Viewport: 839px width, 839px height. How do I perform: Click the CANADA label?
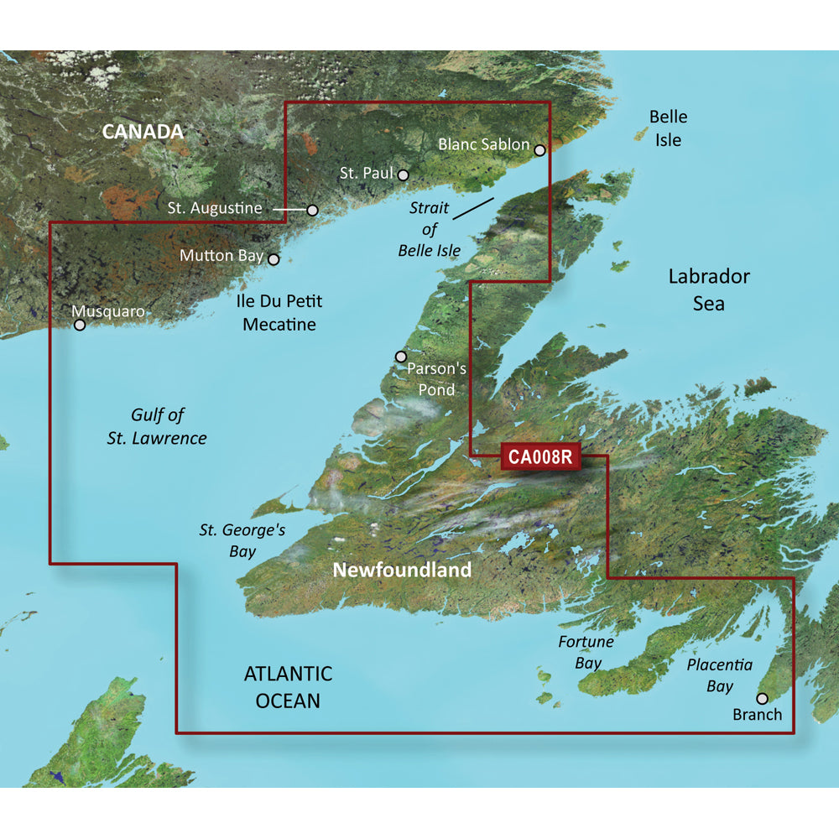coord(142,132)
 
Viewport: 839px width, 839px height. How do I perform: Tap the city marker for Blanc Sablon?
coord(539,151)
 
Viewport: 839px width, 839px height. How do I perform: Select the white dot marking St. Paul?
coord(403,175)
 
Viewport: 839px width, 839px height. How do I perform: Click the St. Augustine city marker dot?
coord(312,210)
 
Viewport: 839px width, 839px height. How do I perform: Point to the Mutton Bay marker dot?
coord(273,260)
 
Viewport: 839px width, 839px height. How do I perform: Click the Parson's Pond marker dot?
coord(400,357)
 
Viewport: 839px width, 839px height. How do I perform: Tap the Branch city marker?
coord(762,698)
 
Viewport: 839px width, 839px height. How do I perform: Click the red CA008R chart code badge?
coord(539,457)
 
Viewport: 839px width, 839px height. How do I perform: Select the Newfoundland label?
coord(402,571)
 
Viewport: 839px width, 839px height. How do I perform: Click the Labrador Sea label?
coord(709,289)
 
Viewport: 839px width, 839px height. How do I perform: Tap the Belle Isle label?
coord(669,128)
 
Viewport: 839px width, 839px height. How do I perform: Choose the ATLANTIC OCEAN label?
coord(288,686)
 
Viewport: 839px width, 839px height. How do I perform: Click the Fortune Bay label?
coord(586,652)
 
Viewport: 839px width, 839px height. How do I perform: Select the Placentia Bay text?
coord(719,675)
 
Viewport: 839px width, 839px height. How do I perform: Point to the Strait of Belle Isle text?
coord(429,229)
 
